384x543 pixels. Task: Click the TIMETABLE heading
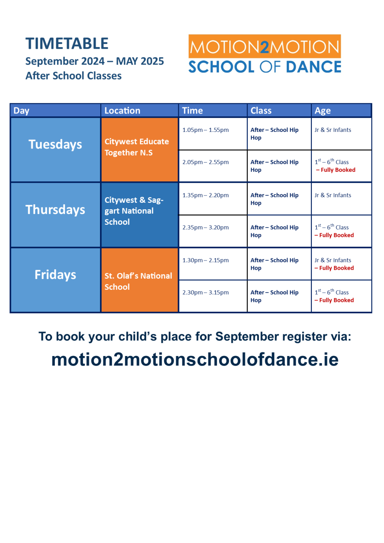click(x=67, y=44)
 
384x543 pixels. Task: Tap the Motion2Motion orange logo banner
click(x=264, y=46)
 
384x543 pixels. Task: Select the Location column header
click(x=122, y=111)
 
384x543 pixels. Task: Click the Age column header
click(x=322, y=111)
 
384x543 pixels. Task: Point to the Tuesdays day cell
click(x=56, y=145)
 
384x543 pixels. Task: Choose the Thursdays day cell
click(x=56, y=210)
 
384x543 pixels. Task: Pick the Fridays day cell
click(x=56, y=275)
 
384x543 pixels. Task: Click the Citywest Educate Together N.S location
click(x=136, y=147)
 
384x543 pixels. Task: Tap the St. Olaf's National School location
click(x=138, y=281)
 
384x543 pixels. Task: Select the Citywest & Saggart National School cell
click(x=134, y=211)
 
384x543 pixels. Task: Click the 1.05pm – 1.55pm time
click(x=205, y=130)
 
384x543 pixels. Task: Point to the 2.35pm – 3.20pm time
click(x=205, y=228)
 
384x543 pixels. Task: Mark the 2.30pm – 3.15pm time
click(x=205, y=293)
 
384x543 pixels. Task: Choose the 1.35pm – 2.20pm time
click(x=205, y=195)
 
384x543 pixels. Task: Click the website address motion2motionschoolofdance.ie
click(x=195, y=360)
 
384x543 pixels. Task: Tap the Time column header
click(x=192, y=111)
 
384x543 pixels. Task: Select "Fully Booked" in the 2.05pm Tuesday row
click(x=338, y=170)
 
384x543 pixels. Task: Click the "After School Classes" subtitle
click(x=74, y=76)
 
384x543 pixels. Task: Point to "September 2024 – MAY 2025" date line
click(x=95, y=61)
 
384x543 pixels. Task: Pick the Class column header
click(x=261, y=111)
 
